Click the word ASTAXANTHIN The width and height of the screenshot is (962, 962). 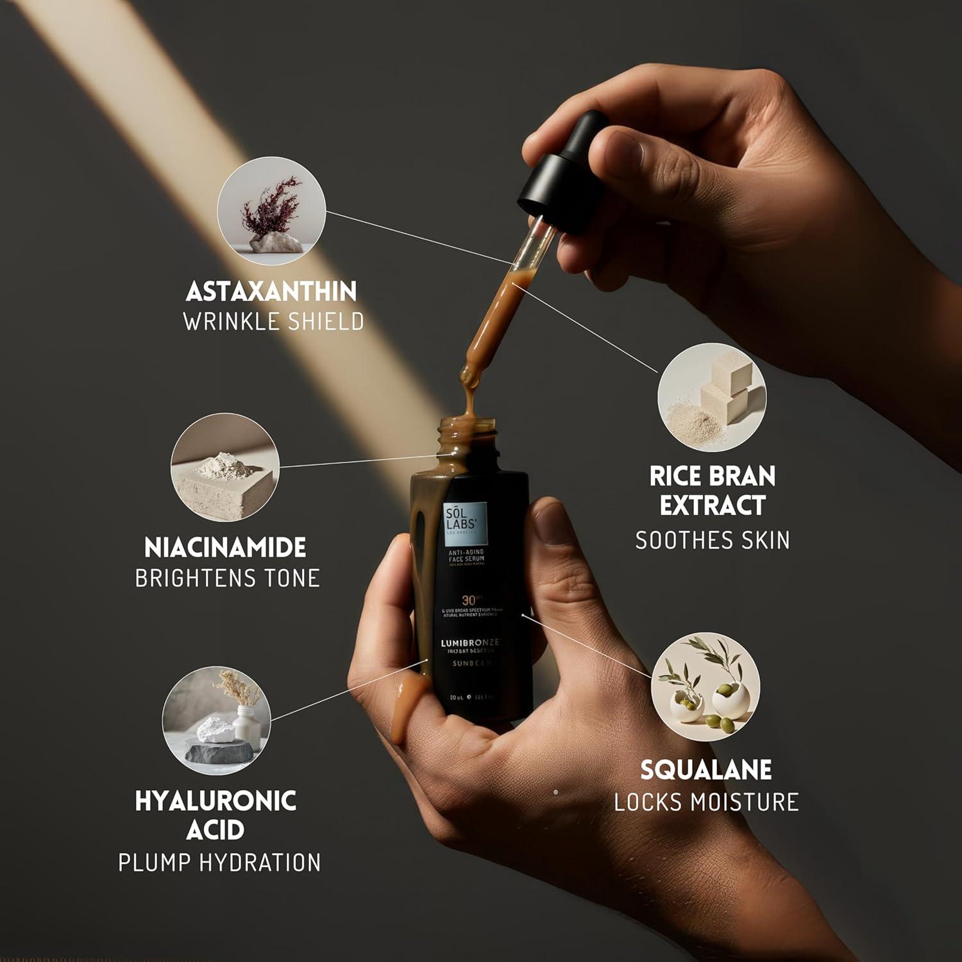pos(271,292)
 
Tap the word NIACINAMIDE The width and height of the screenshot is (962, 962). pos(225,548)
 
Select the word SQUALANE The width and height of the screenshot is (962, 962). pos(705,770)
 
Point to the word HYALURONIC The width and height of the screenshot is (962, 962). pos(215,801)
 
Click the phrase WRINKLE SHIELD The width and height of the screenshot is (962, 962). pos(273,321)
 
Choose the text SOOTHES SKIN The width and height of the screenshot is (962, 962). pos(712,541)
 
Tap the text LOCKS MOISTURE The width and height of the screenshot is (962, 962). pos(706,802)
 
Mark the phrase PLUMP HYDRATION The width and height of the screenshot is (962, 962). pos(219,863)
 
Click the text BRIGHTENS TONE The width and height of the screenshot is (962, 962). pos(227,578)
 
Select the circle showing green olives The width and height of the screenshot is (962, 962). pos(705,687)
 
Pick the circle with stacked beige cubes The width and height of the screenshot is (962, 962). pos(712,396)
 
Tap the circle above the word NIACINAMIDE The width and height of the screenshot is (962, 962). pos(224,467)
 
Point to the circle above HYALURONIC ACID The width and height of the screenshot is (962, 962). pos(216,720)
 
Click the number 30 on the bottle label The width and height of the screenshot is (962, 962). pos(469,601)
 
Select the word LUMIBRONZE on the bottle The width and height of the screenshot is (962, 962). pos(469,642)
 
